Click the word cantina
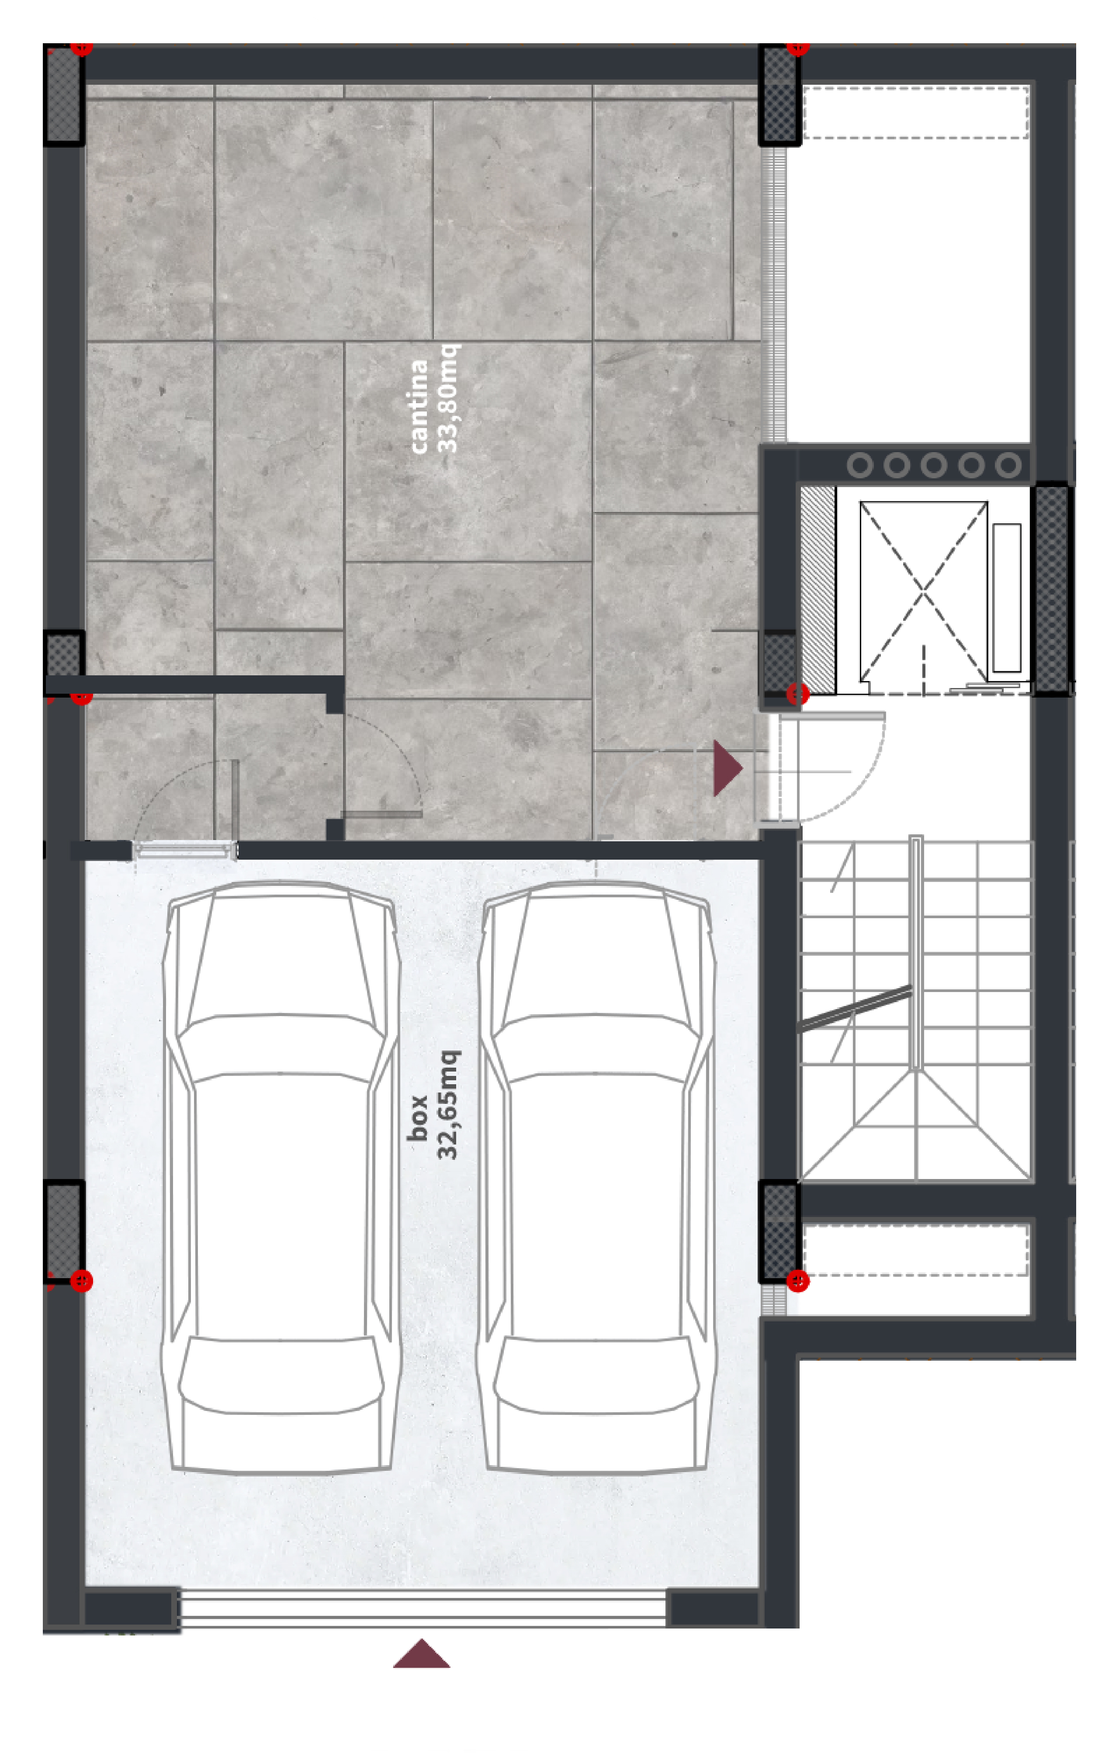click(419, 406)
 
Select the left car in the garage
click(280, 1177)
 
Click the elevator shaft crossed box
click(923, 591)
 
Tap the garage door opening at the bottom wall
click(422, 1610)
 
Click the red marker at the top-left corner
click(82, 48)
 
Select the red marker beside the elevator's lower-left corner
click(798, 694)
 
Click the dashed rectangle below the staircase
click(915, 1250)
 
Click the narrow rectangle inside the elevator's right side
click(1007, 598)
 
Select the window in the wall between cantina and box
click(185, 850)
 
